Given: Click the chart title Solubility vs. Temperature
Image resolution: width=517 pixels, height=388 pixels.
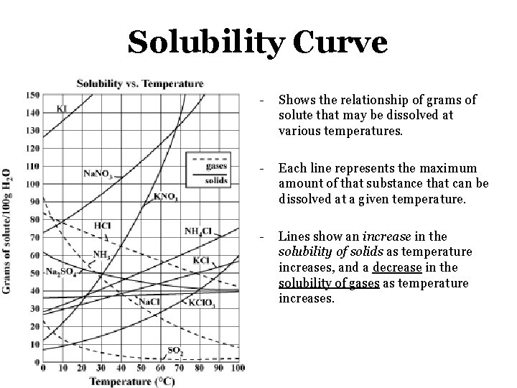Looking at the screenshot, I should (x=140, y=84).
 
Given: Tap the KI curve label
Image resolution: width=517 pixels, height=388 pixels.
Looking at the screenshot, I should (x=62, y=108).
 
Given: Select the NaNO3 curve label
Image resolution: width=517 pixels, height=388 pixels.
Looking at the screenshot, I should (x=98, y=173).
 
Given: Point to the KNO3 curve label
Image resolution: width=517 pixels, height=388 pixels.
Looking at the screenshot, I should (x=166, y=196).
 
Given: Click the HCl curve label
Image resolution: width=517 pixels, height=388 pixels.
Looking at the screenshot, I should (x=102, y=225).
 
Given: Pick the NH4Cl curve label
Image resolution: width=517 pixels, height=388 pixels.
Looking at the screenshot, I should (x=197, y=231).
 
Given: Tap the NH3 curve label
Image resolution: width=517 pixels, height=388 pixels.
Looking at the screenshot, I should (x=101, y=254).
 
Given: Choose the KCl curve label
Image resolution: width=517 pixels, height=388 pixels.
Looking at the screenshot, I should (x=202, y=259).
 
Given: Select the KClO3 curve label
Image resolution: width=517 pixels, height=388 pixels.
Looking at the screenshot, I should (x=202, y=304).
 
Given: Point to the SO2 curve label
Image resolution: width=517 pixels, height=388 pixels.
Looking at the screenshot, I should (x=174, y=351).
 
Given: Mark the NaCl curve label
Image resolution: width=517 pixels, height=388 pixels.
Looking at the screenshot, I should (x=149, y=302).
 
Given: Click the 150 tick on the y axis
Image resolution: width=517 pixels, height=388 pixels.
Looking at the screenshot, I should (x=33, y=96).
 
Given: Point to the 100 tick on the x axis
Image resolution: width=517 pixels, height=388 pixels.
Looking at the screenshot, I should (x=238, y=368).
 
